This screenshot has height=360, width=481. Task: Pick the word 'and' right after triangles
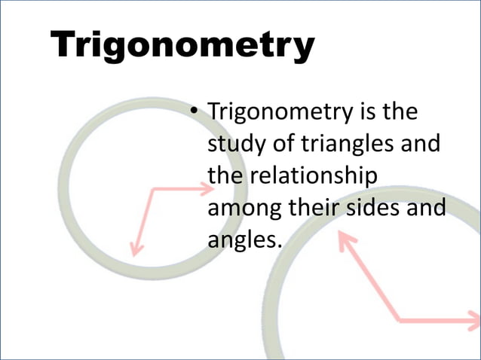pyautogui.click(x=418, y=143)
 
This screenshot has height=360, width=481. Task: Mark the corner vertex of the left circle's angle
pyautogui.click(x=153, y=190)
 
